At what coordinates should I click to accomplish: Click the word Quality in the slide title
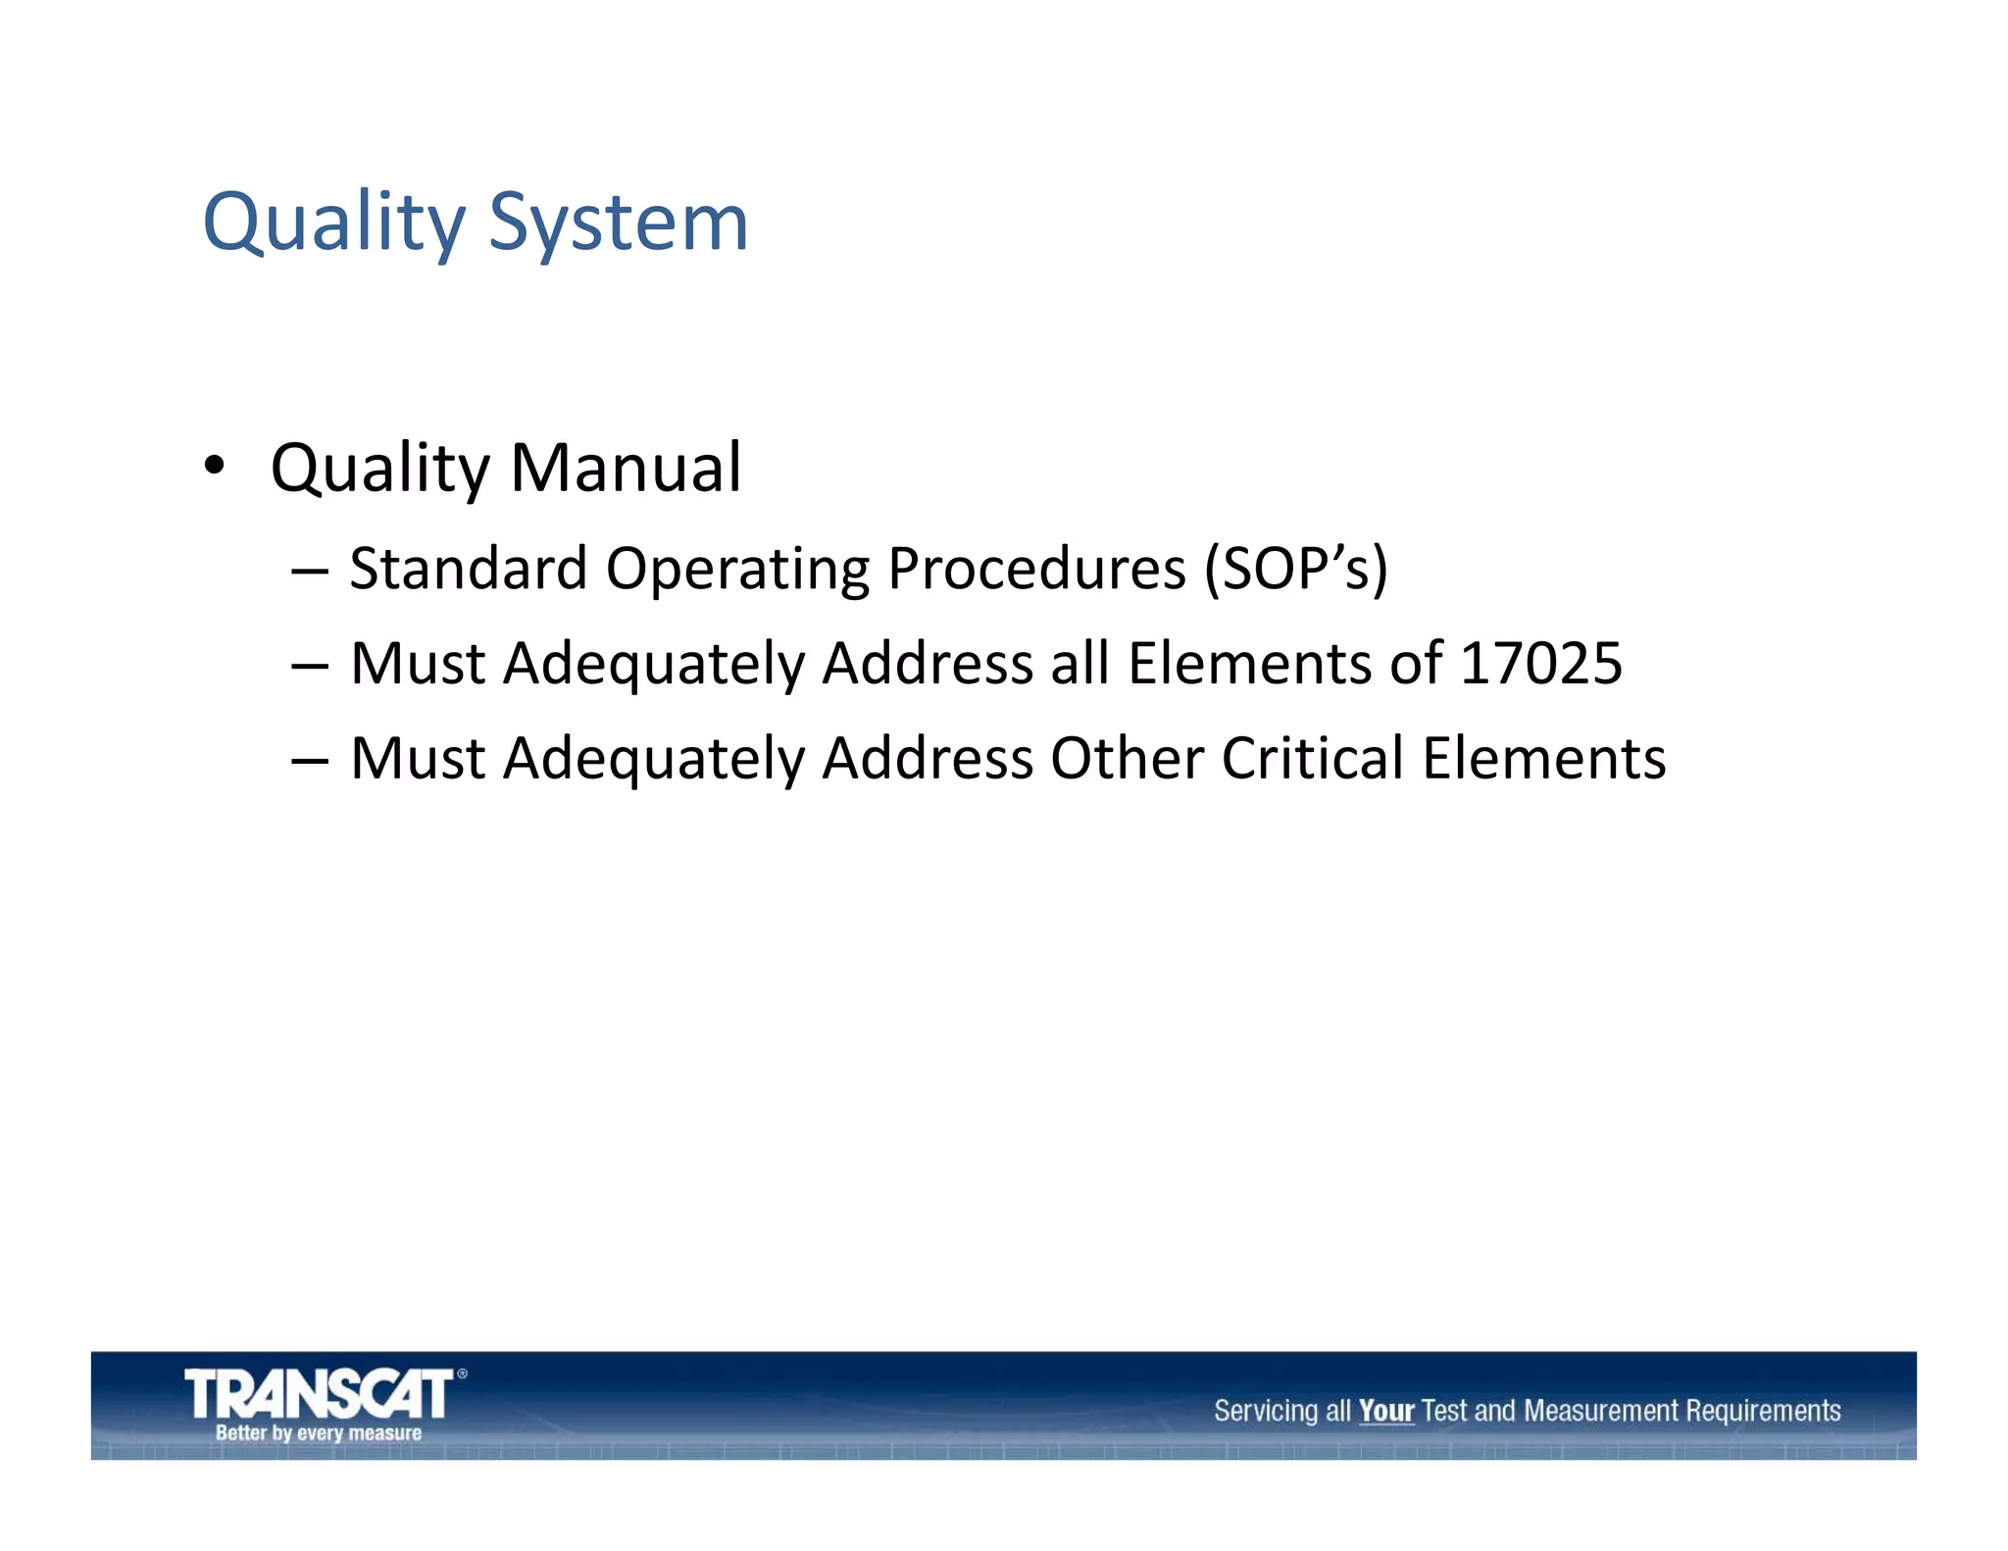333,224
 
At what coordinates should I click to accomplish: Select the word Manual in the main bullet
626,468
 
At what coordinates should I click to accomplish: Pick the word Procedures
1035,569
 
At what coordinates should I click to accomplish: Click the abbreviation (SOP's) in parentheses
1295,569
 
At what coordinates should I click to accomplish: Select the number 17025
1540,664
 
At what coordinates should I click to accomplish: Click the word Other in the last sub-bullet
1127,759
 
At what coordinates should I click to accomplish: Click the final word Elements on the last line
1543,759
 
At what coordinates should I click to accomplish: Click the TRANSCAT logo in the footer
319,1393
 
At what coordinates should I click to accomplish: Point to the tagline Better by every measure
319,1433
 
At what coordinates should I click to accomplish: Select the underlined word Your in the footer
1385,1412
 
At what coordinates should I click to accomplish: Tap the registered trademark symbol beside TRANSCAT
462,1374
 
